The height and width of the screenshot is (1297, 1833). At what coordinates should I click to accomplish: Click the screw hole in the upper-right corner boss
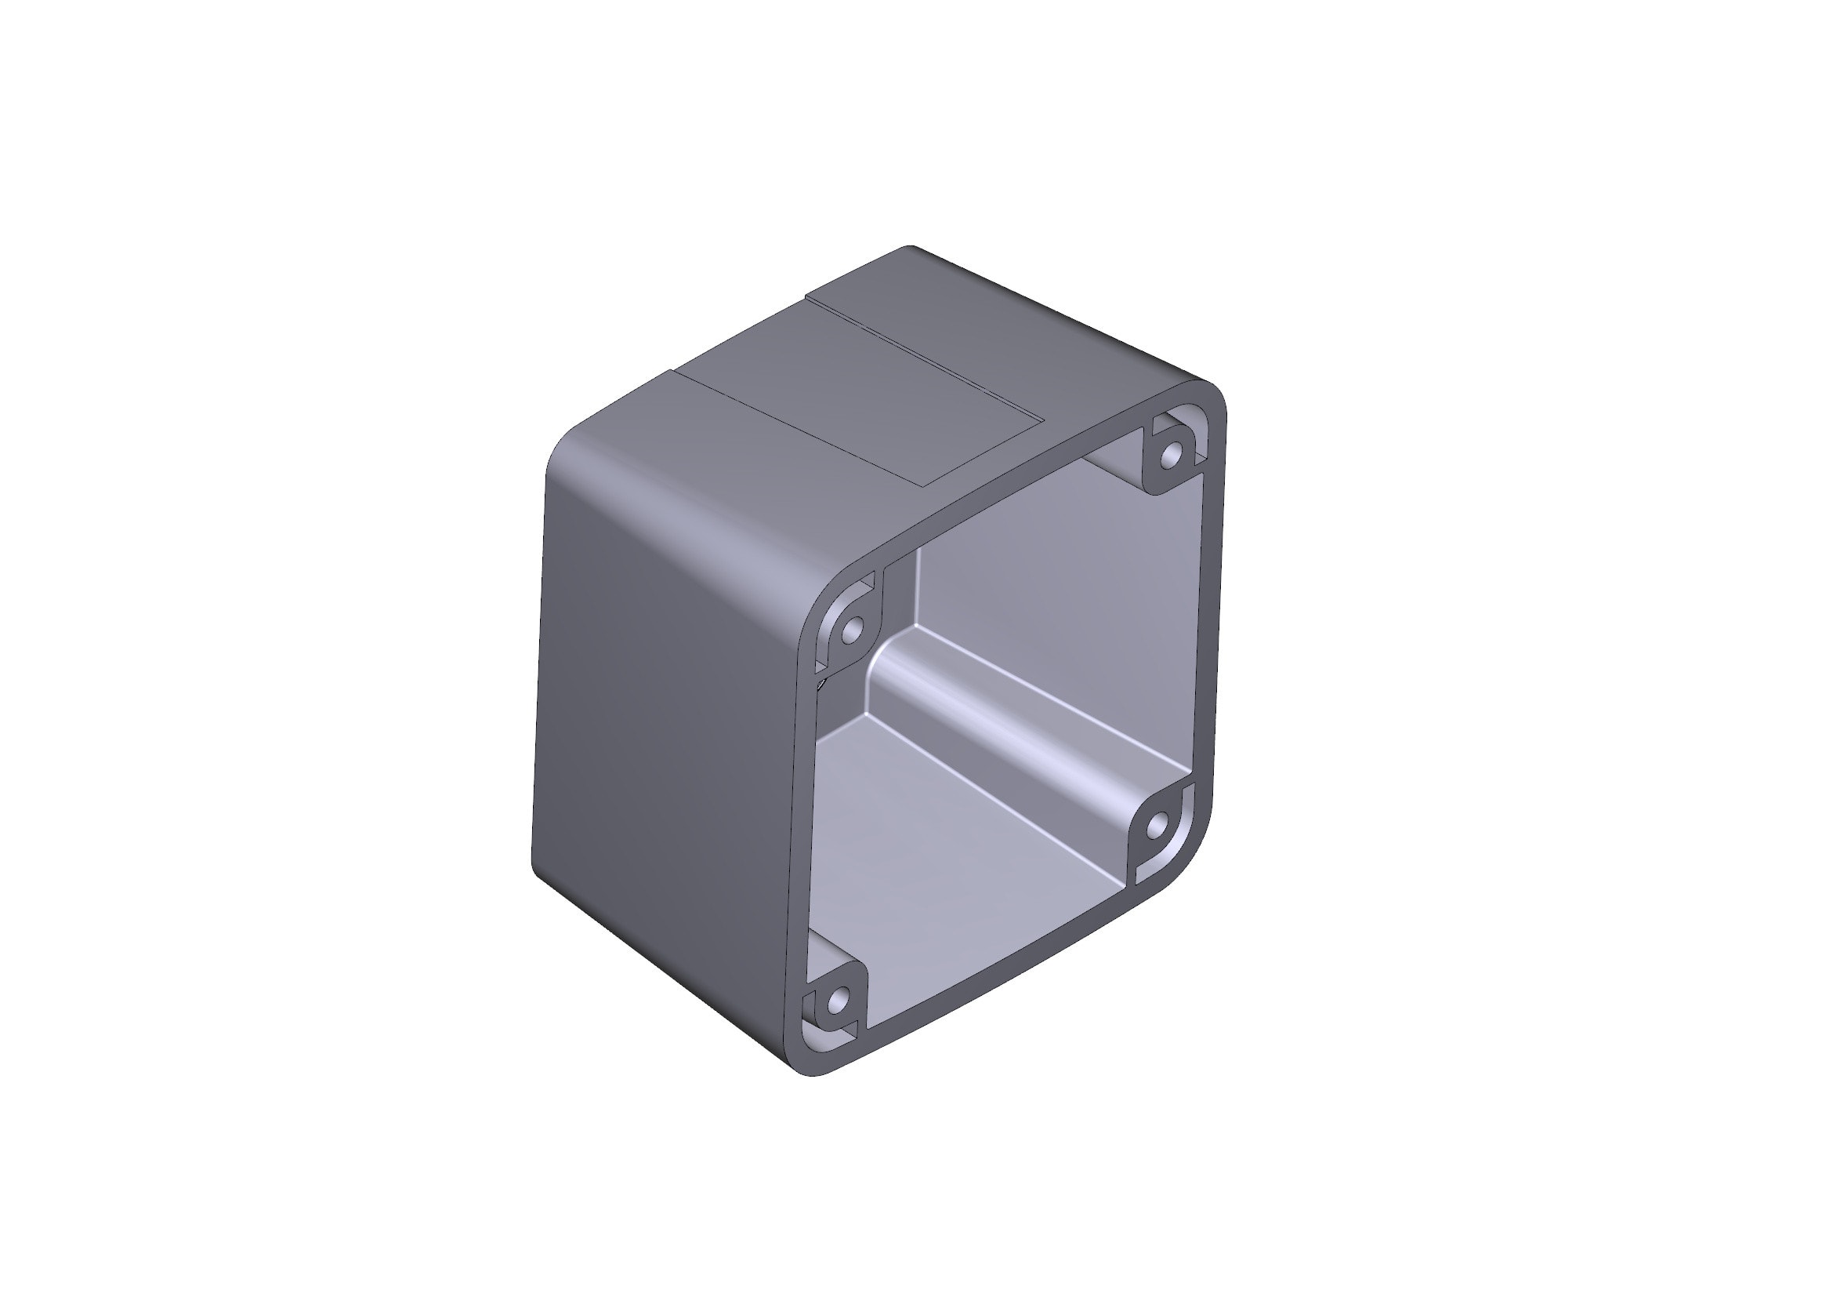pyautogui.click(x=1171, y=457)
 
